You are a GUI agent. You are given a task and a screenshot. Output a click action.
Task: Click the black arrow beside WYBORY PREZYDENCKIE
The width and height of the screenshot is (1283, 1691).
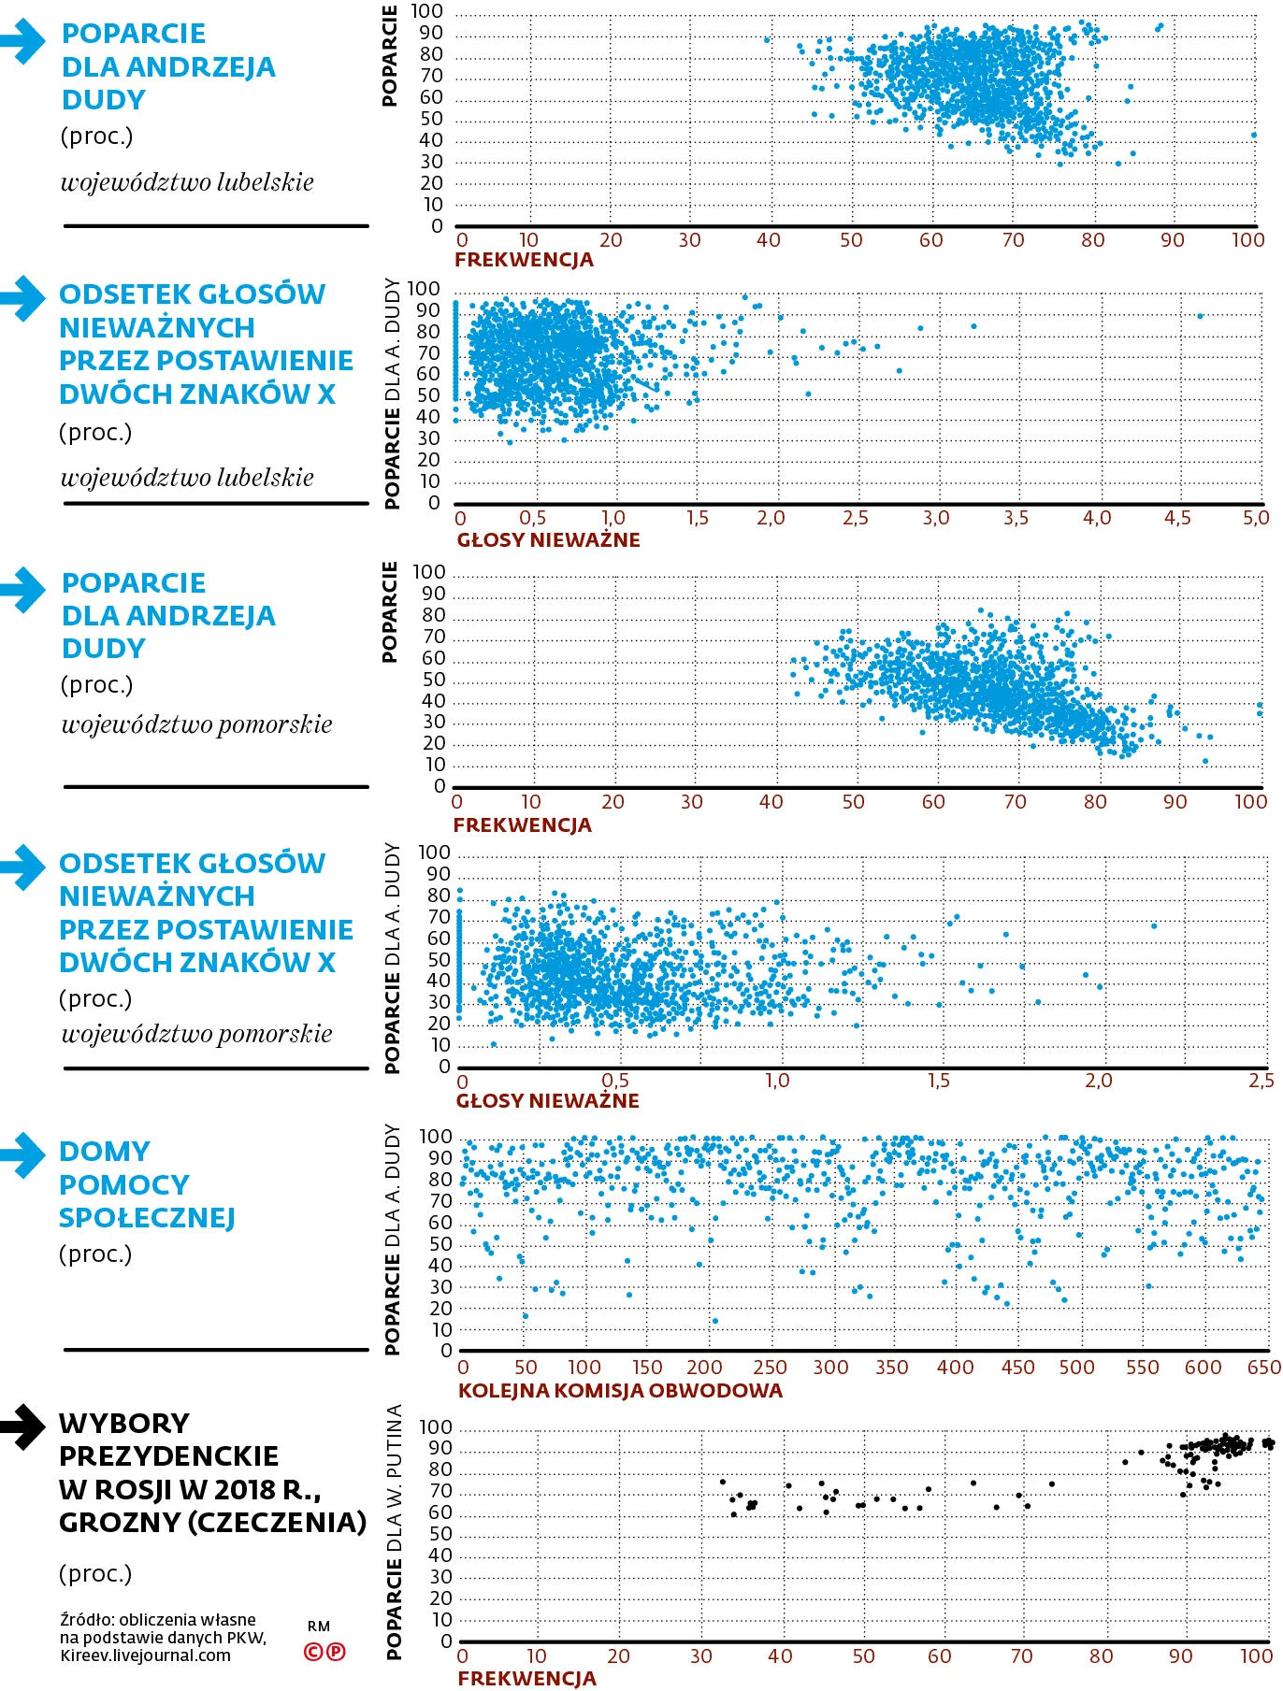click(x=23, y=1426)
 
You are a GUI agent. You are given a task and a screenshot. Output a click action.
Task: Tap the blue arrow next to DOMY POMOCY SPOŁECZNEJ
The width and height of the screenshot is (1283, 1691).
click(x=23, y=1154)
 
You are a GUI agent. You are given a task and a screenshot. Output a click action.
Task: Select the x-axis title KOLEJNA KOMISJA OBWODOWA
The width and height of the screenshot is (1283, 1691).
click(x=620, y=1390)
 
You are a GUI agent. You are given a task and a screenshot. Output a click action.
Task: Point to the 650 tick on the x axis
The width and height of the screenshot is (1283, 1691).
click(x=1264, y=1367)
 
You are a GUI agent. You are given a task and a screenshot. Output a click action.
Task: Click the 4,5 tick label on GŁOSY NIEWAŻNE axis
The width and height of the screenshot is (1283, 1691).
click(x=1177, y=518)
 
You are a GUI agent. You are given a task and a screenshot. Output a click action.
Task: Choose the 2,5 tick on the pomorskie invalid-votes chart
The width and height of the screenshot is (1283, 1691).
click(x=1261, y=1081)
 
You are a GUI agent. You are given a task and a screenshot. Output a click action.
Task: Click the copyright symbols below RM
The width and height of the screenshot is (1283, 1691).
click(x=324, y=1651)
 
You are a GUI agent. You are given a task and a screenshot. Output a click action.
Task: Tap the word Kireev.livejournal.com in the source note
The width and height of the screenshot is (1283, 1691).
click(x=145, y=1655)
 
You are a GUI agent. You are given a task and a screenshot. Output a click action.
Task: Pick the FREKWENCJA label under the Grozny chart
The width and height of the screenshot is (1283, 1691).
click(x=526, y=1678)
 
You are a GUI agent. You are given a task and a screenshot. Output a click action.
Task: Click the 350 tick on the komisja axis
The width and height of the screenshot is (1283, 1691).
click(x=891, y=1367)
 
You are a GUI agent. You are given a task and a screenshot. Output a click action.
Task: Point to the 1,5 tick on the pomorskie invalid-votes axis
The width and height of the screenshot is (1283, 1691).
click(x=938, y=1081)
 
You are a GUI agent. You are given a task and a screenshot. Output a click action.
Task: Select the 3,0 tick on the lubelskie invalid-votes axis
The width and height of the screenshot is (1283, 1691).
click(x=935, y=518)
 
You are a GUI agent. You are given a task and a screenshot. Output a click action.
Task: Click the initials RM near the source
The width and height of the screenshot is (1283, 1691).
click(x=319, y=1627)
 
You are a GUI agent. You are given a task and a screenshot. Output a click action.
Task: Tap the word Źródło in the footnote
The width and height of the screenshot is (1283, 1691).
click(x=86, y=1620)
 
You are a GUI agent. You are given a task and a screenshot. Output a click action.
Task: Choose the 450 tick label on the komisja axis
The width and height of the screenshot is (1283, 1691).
click(x=1017, y=1367)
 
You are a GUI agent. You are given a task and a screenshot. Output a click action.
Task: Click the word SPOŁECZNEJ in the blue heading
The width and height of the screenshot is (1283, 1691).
click(x=147, y=1218)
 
